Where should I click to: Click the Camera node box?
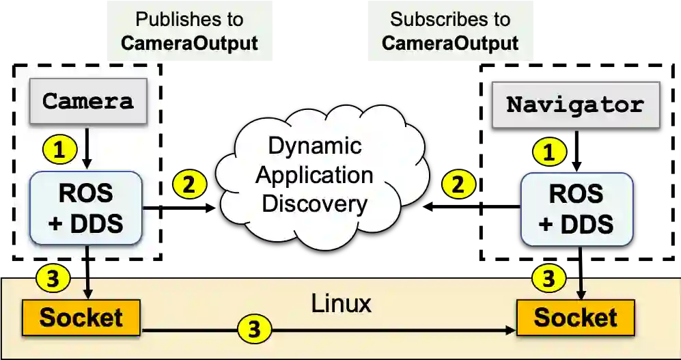pos(87,102)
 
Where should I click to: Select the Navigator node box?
pos(575,105)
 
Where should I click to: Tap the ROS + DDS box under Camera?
pos(86,207)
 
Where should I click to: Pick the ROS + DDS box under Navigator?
pos(576,209)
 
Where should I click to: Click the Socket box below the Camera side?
pos(81,317)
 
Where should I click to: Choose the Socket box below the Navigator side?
pos(575,318)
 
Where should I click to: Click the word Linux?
pos(341,303)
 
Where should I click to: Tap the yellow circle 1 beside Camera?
pos(59,148)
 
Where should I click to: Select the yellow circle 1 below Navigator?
pos(548,152)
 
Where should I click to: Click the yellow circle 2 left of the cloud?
pos(189,184)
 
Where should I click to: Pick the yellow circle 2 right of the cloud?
pos(458,184)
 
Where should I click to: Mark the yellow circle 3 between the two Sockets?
pos(254,330)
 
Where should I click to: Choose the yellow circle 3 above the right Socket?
pos(548,278)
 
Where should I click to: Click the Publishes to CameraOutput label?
pos(189,31)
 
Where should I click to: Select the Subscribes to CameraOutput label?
pos(449,31)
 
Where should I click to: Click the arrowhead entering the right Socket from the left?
pos(510,330)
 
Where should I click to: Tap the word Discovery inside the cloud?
pos(315,203)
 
